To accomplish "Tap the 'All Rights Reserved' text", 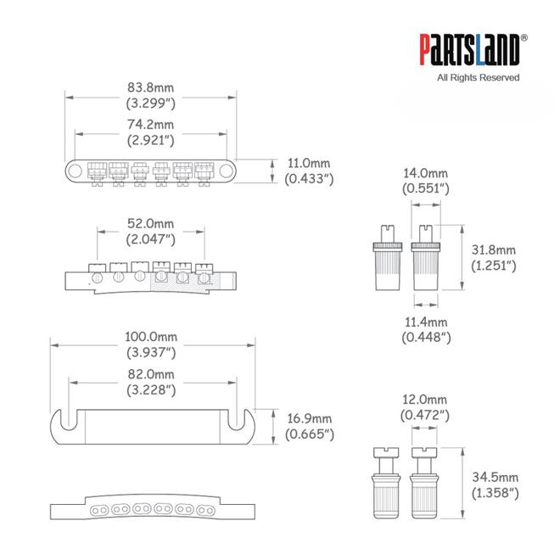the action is (479, 77).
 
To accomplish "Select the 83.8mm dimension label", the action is (151, 95).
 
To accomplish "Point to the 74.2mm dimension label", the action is (151, 132).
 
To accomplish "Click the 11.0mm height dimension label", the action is (309, 171).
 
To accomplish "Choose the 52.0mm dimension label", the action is (151, 232).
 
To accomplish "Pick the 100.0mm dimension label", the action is (151, 344).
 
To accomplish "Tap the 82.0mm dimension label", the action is (151, 382).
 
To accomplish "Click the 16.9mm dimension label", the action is (310, 427).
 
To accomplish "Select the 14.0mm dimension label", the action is (426, 181).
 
